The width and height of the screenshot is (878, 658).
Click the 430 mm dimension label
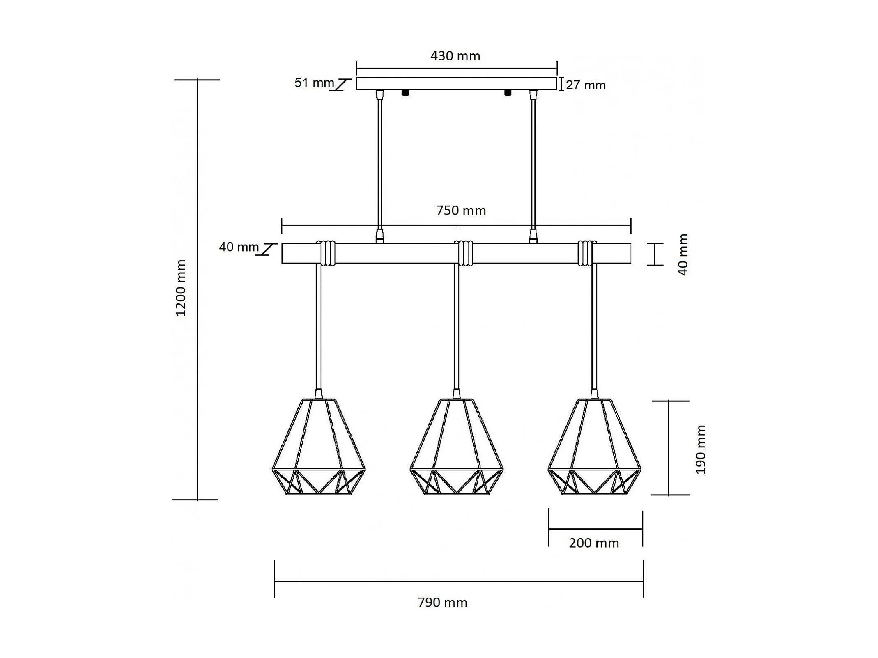pos(455,56)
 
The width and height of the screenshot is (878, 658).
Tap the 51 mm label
pos(314,83)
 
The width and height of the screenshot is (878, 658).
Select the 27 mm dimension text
pos(586,85)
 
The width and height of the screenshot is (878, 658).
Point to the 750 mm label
pos(461,211)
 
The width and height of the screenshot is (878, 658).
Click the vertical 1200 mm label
pos(181,288)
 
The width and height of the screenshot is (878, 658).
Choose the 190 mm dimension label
pos(700,450)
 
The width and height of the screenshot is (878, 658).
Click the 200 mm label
pos(594,543)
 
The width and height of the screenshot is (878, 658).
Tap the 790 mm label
pos(442,602)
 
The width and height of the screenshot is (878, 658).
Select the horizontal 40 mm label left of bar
pos(239,247)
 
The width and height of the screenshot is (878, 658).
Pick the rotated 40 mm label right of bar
pos(683,254)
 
